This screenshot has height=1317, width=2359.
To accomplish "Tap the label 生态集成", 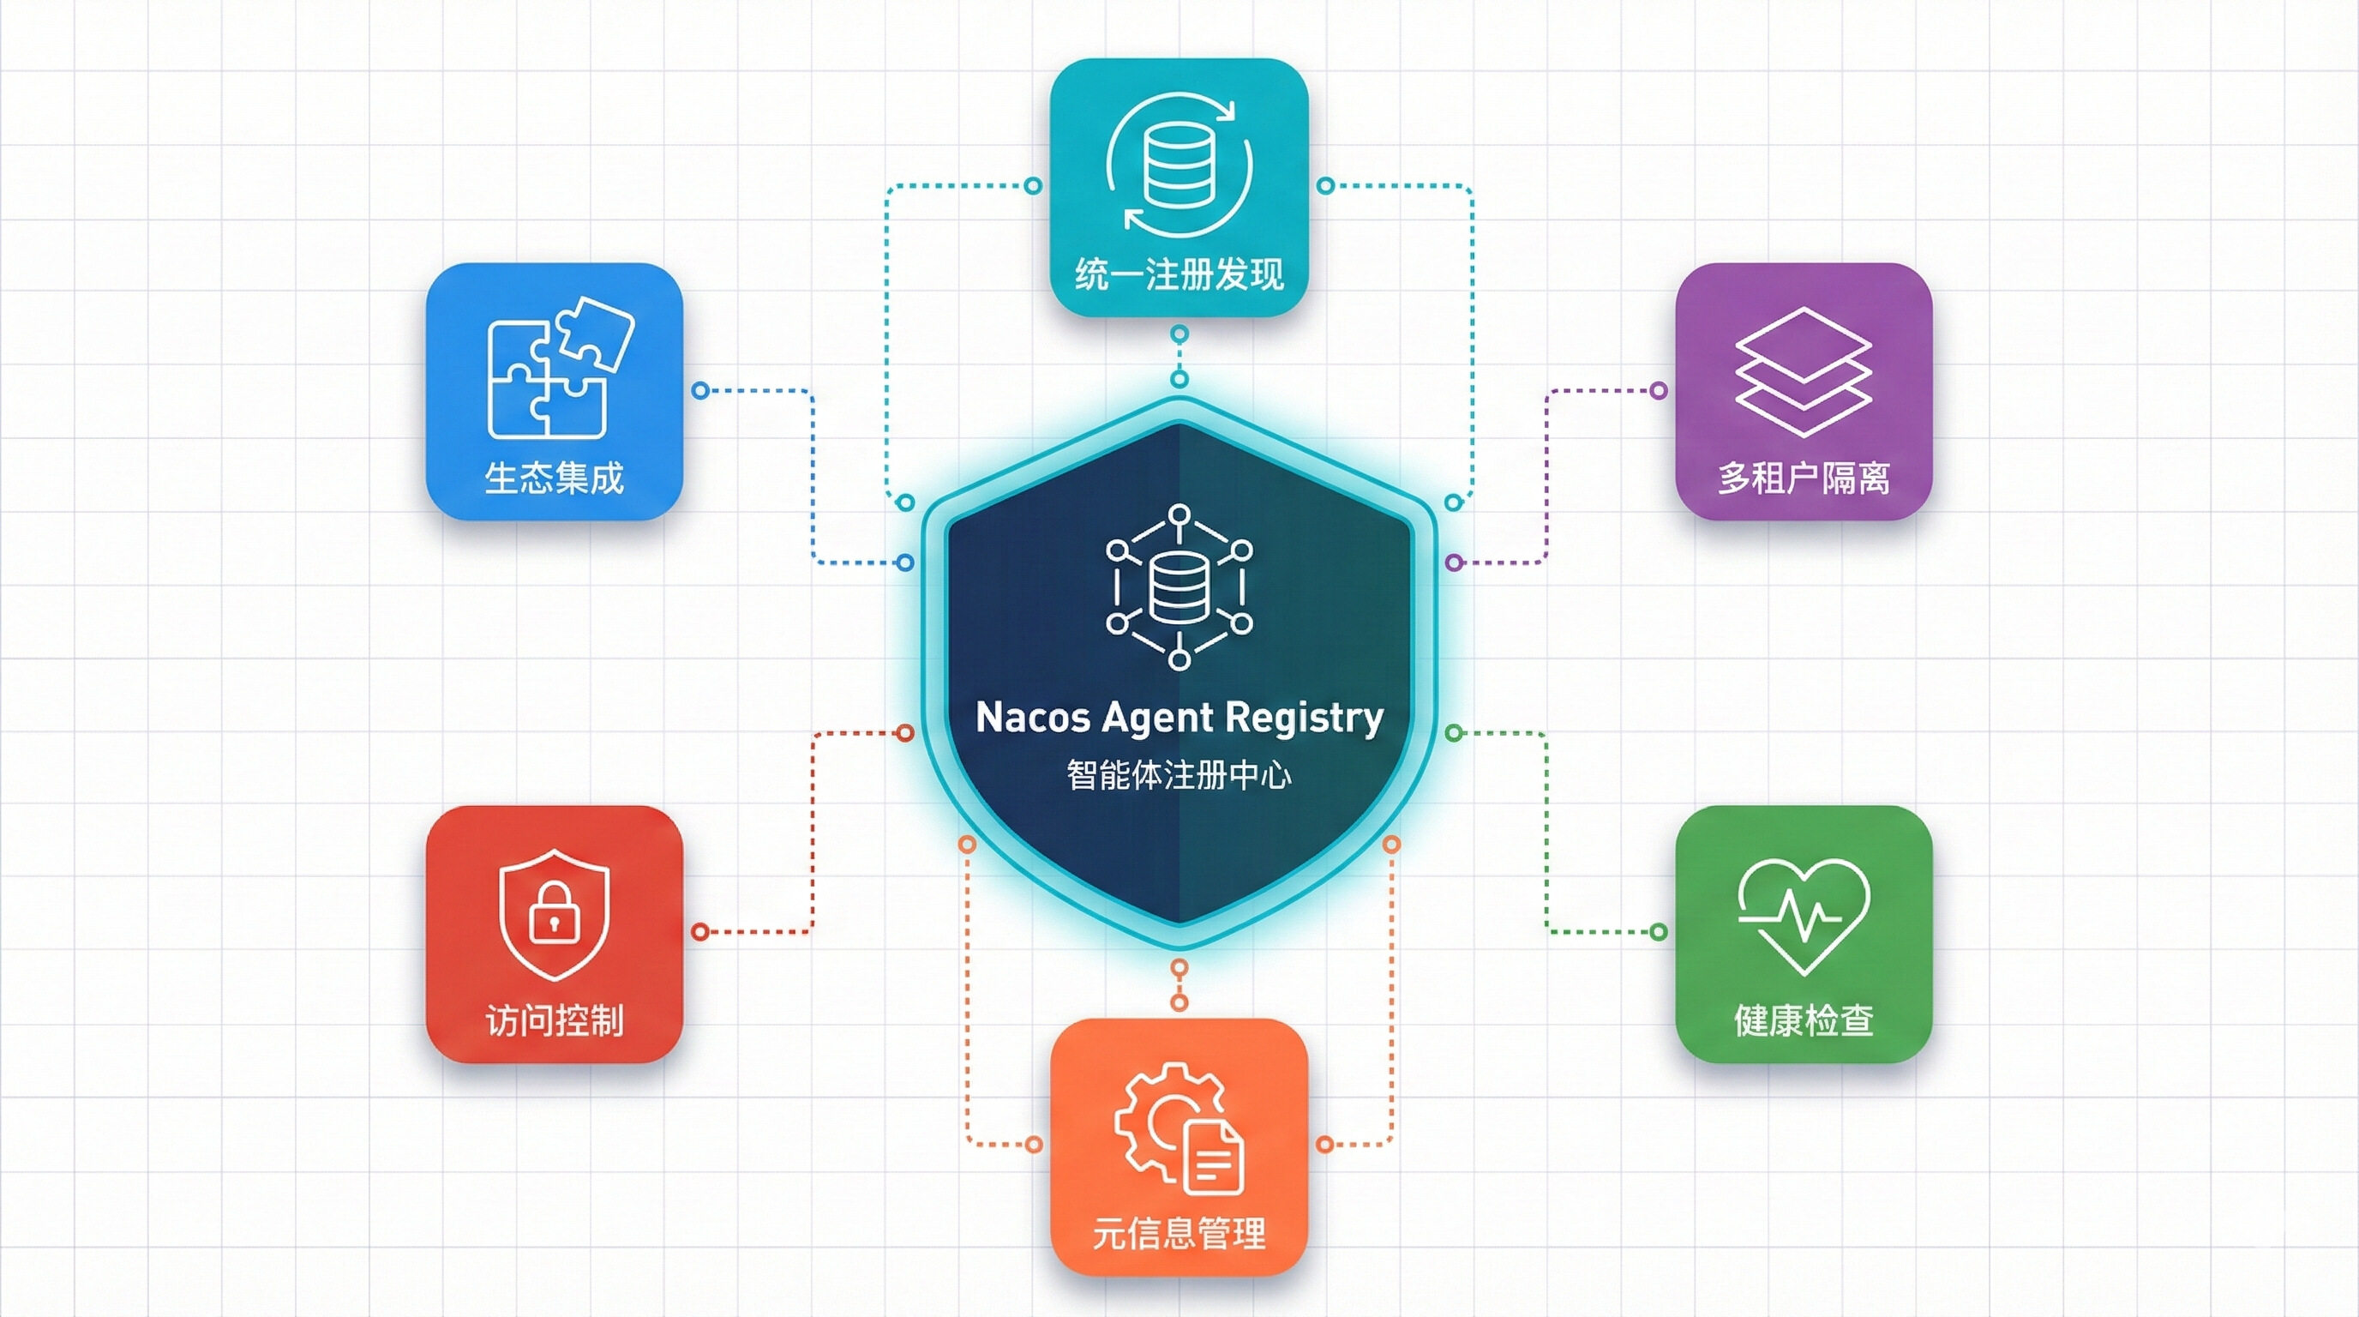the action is [554, 478].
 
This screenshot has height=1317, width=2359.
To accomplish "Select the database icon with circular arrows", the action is [1179, 165].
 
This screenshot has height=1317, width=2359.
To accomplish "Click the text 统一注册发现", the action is [1179, 274].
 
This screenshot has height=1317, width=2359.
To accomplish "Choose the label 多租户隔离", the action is [1804, 478].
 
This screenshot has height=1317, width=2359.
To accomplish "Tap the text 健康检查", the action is [1804, 1020].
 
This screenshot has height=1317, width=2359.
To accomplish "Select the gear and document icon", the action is [1179, 1128].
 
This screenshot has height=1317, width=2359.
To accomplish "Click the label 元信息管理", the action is [1179, 1234].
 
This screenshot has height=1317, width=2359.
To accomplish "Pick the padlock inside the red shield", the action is [553, 911].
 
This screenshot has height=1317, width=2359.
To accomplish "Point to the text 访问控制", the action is [554, 1020].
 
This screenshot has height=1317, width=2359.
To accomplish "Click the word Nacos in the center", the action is [1032, 717].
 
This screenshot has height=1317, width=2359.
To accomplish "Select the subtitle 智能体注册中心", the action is [1179, 776].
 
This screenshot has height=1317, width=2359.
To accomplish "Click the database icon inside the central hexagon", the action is [1179, 588].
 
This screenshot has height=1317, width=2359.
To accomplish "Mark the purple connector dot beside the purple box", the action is [1658, 391].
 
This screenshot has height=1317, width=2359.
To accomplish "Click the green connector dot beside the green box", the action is [1658, 932].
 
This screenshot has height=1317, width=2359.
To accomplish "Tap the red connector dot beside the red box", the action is [700, 932].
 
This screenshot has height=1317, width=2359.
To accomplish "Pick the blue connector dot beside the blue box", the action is [700, 391].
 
